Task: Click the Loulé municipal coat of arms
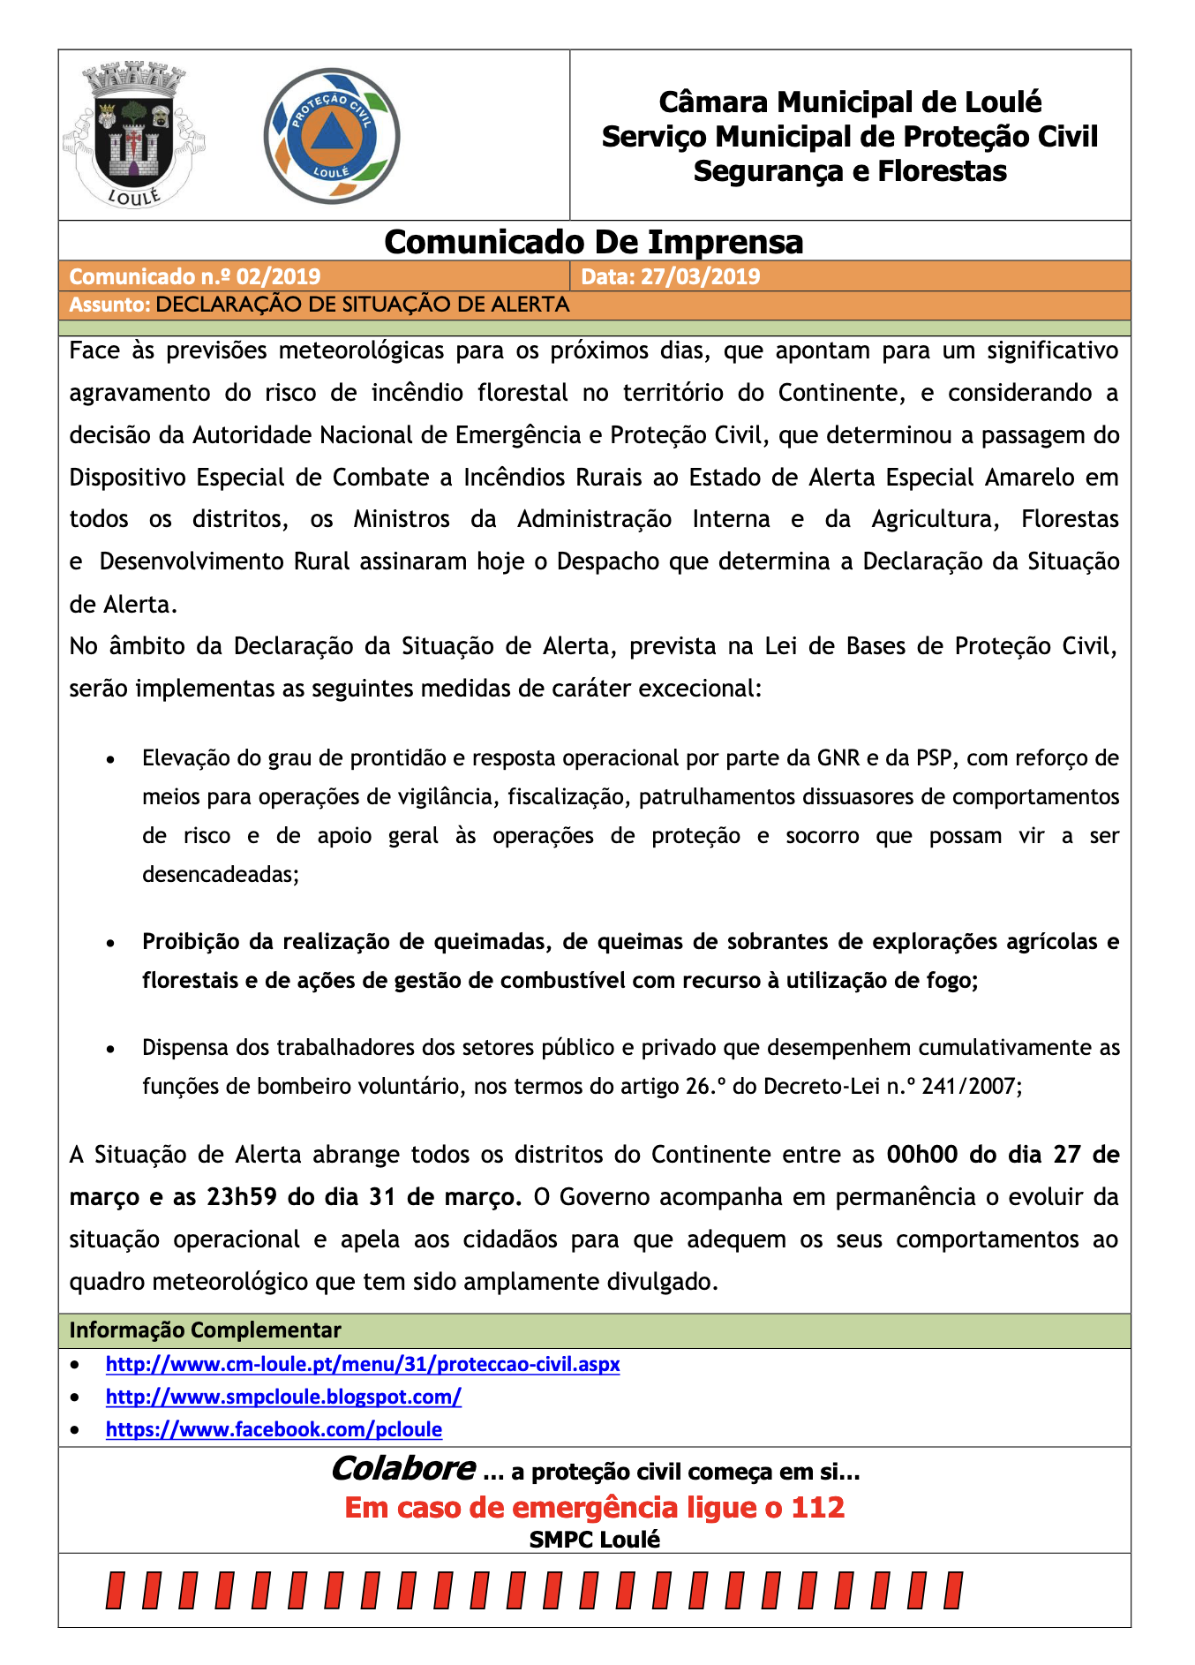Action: tap(133, 135)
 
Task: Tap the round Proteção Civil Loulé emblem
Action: tap(332, 136)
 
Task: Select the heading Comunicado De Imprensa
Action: tap(593, 242)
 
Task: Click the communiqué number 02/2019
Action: tap(278, 276)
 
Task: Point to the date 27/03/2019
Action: tap(700, 276)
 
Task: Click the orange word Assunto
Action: tap(109, 305)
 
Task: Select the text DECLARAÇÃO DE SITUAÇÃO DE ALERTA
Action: tap(363, 305)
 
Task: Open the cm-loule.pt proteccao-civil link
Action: tap(363, 1364)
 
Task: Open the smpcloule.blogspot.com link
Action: tap(283, 1397)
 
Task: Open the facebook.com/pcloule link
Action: tap(274, 1429)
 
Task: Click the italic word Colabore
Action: tap(402, 1469)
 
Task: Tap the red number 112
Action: tap(817, 1507)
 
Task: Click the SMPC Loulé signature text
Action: tap(594, 1540)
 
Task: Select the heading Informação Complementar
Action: tap(205, 1330)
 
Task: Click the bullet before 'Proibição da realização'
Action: tap(110, 944)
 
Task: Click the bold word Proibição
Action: tap(192, 942)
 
